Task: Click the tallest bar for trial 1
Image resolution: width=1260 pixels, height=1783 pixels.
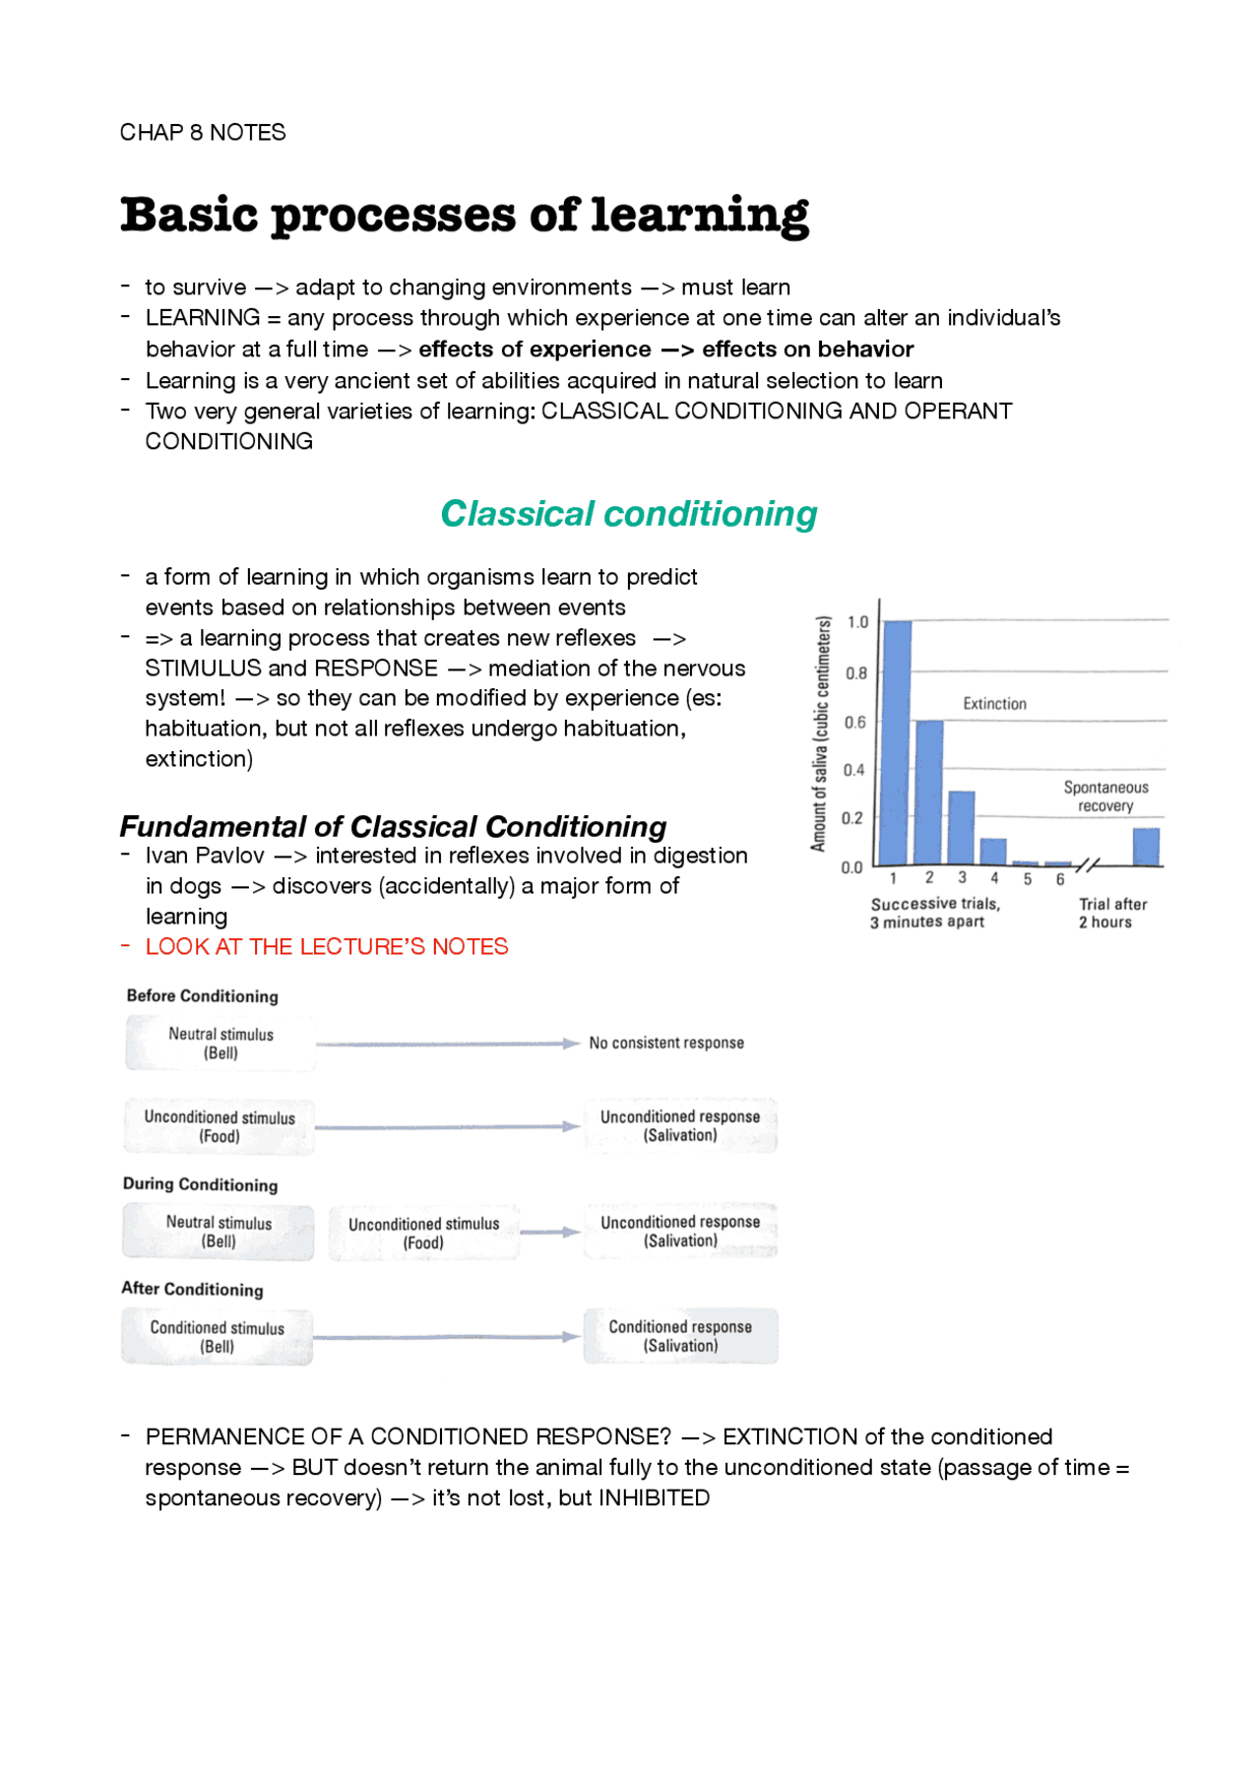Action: pos(897,743)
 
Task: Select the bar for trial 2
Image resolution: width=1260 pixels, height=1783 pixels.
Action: pos(929,793)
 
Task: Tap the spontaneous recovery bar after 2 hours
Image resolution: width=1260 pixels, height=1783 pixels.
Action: pos(1146,847)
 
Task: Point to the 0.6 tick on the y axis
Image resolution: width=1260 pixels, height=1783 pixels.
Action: pos(855,722)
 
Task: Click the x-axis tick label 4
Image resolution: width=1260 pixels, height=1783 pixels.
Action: pos(994,878)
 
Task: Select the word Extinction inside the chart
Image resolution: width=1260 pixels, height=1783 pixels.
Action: pos(994,704)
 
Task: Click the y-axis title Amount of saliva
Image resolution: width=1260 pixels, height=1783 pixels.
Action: pos(820,733)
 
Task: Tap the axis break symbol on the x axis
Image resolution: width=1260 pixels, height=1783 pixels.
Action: pos(1087,864)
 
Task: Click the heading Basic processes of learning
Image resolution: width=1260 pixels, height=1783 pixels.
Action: pos(464,216)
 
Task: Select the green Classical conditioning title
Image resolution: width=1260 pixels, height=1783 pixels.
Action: pos(628,514)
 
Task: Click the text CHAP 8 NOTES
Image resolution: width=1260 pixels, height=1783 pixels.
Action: pos(203,133)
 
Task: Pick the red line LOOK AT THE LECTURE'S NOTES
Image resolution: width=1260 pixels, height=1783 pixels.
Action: pos(327,946)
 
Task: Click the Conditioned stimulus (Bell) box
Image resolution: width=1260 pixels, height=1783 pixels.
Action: pos(218,1337)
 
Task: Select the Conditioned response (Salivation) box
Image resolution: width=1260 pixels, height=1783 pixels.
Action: pos(680,1336)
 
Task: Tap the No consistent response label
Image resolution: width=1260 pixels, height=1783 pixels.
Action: pos(666,1043)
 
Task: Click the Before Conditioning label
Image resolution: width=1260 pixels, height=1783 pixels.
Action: pos(202,995)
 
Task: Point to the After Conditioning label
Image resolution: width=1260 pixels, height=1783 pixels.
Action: pos(192,1289)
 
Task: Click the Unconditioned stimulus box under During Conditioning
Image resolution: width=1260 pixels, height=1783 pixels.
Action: pos(424,1233)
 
